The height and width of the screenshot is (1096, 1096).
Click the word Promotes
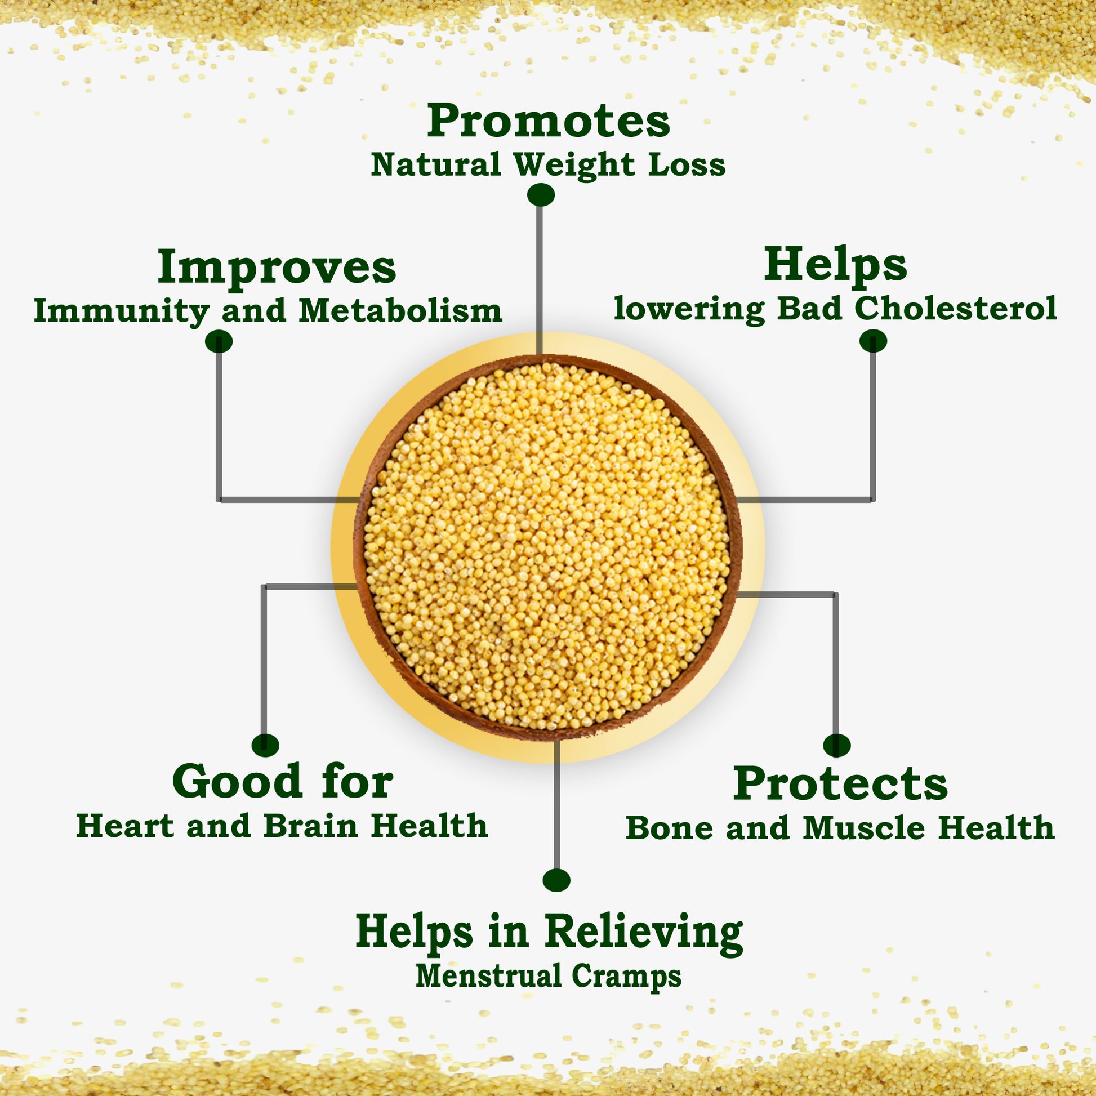click(x=548, y=121)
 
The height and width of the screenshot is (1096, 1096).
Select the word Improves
click(x=277, y=268)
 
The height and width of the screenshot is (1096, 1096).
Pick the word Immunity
click(x=122, y=312)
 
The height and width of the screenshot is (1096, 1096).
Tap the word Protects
click(x=840, y=785)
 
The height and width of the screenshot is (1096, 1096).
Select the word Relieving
click(x=644, y=933)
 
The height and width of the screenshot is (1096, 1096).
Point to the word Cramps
click(x=626, y=977)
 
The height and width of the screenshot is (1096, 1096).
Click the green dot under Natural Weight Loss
click(x=541, y=195)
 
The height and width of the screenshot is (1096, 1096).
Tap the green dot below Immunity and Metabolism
click(x=219, y=341)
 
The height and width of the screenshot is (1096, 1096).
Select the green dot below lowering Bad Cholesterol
click(x=873, y=341)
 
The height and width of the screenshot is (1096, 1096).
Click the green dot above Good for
click(x=265, y=745)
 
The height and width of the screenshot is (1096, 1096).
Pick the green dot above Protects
click(x=837, y=746)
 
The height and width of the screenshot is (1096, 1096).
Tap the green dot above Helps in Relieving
click(x=556, y=880)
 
